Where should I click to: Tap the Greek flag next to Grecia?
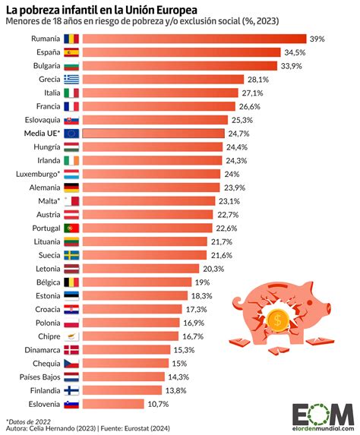(72, 79)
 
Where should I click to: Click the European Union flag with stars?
(72, 134)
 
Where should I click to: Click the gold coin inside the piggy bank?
(278, 320)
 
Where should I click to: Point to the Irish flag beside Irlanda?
(72, 160)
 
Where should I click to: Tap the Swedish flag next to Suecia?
(72, 254)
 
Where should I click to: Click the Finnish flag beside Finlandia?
(72, 389)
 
